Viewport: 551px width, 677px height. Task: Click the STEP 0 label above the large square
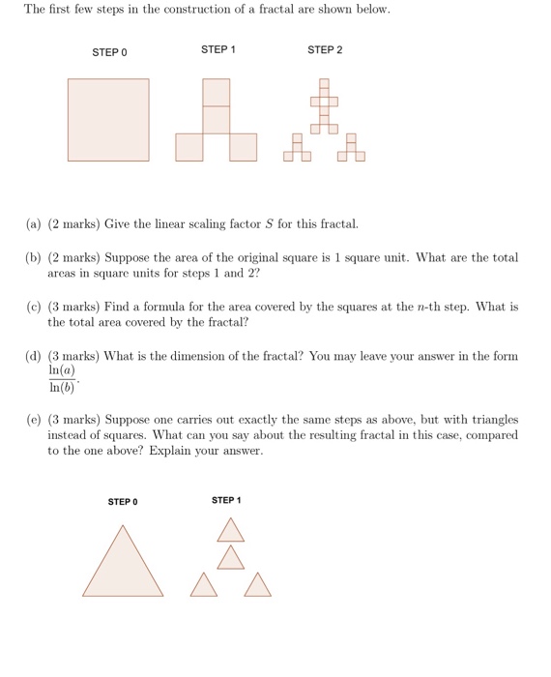[109, 52]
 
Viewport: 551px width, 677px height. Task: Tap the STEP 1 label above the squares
[217, 49]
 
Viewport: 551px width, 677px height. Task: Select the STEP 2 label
[324, 49]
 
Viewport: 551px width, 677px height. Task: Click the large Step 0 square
[108, 119]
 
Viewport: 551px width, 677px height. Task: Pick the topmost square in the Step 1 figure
[217, 92]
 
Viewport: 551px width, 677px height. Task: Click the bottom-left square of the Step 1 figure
[189, 146]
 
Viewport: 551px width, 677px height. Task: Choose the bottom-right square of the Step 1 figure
[244, 146]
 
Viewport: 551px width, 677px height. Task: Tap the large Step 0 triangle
[123, 566]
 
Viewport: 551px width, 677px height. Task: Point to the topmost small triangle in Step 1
[230, 529]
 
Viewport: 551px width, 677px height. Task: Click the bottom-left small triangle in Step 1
[203, 586]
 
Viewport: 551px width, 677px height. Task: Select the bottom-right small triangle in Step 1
[257, 586]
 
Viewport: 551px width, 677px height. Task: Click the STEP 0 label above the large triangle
[123, 502]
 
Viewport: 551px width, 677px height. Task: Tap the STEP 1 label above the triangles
[226, 500]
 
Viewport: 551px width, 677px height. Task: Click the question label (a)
[34, 224]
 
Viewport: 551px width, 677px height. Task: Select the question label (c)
[34, 307]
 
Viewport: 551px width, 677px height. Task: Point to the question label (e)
[34, 420]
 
